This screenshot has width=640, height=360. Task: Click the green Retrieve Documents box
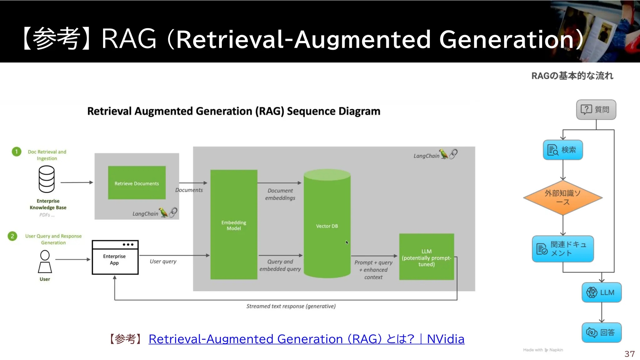click(137, 183)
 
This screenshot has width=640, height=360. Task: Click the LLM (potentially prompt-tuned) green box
click(426, 257)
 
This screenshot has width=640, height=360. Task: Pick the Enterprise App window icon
click(115, 257)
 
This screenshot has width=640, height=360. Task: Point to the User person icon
click(45, 262)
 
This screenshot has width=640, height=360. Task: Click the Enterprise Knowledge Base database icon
click(47, 179)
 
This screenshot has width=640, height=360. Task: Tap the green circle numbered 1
click(17, 152)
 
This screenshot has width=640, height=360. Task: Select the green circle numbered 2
click(12, 236)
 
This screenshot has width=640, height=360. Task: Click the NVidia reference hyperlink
click(306, 339)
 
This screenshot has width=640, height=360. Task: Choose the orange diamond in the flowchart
click(563, 197)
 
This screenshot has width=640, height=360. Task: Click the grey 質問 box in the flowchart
click(596, 110)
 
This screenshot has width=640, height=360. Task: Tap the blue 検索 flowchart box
click(563, 150)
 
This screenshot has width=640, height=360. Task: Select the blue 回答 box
click(602, 332)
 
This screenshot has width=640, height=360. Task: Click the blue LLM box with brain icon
click(602, 292)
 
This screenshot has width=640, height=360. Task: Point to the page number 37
click(629, 354)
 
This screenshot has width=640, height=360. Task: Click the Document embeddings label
click(280, 194)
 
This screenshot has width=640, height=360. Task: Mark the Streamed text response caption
click(291, 306)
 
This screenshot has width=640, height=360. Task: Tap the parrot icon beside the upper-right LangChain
click(444, 154)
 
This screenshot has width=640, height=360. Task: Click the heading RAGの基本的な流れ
click(572, 76)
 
